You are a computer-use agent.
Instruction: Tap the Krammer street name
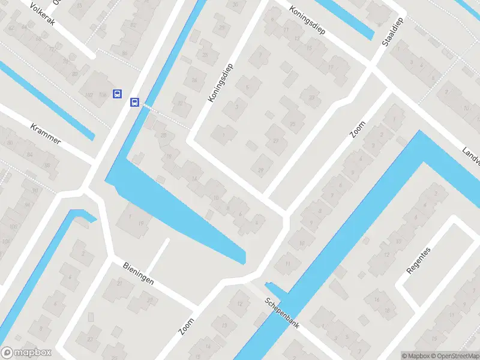pyautogui.click(x=46, y=132)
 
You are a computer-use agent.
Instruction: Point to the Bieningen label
pyautogui.click(x=139, y=274)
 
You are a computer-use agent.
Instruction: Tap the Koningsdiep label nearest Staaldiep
pyautogui.click(x=307, y=20)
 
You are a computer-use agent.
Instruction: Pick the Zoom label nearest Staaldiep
pyautogui.click(x=358, y=128)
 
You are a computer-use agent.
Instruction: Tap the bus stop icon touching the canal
pyautogui.click(x=135, y=103)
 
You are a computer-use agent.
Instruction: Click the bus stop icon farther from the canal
pyautogui.click(x=118, y=94)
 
